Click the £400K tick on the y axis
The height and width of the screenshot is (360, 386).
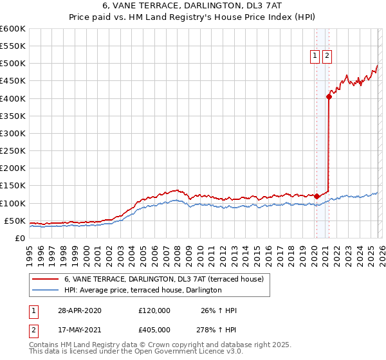coord(13,98)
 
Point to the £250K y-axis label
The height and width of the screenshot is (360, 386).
coord(13,150)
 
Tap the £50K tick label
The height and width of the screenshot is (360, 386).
coord(15,221)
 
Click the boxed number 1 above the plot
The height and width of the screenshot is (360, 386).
coord(315,56)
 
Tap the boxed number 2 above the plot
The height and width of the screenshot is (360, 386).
coord(327,56)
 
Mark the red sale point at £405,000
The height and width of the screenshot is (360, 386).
coord(329,97)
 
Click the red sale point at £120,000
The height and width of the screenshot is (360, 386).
coord(317,196)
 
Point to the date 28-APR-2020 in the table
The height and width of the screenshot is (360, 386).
coord(80,310)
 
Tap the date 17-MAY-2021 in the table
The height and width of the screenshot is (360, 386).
coord(80,329)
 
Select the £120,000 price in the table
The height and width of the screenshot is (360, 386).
coord(154,310)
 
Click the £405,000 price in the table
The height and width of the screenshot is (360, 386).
coord(154,329)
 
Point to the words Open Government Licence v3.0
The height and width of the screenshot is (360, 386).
coord(188,352)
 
